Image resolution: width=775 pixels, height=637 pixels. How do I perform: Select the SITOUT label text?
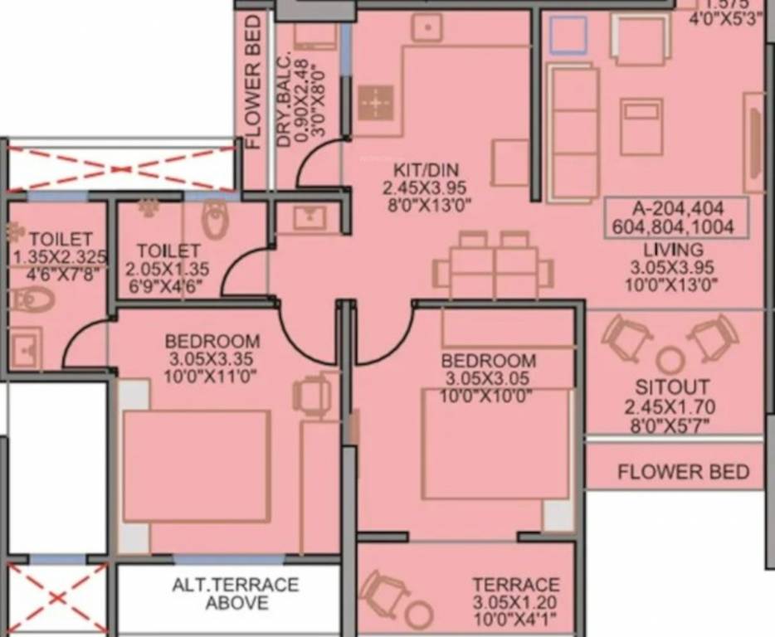point(671,387)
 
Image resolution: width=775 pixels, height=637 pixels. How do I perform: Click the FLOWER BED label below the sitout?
point(683,473)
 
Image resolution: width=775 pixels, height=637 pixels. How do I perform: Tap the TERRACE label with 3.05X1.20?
point(515,585)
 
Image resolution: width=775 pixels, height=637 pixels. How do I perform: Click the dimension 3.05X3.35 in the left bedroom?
point(212,359)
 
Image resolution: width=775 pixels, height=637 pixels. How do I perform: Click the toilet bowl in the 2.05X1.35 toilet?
point(215,220)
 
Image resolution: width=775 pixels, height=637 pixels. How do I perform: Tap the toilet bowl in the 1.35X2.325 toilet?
point(32,299)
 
